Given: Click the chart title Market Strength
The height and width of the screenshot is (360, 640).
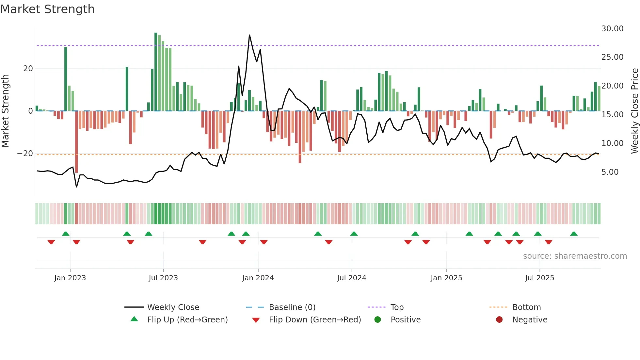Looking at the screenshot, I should (47, 9).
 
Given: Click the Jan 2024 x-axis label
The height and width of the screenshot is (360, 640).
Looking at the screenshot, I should (258, 278).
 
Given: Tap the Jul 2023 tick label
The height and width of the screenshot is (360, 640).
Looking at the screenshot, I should (163, 278).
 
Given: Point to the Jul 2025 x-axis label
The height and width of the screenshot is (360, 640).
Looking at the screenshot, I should (539, 278).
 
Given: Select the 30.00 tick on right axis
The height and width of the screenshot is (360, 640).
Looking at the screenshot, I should (612, 29).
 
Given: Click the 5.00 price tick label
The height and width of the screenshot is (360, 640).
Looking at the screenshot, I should (610, 172).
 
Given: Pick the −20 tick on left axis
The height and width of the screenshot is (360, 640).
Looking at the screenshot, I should (25, 154).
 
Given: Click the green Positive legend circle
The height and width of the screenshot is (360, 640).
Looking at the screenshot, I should (378, 320).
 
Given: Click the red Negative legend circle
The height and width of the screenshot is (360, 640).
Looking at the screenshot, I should (499, 320).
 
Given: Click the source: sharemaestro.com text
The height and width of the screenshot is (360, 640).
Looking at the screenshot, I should (575, 256).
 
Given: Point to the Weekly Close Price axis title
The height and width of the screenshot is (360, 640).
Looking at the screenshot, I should (634, 111).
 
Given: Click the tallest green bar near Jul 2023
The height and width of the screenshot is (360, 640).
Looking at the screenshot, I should (156, 72).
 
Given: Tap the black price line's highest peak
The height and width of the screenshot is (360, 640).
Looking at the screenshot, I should (249, 35).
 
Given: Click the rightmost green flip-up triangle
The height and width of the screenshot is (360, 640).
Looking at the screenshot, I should (574, 234).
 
